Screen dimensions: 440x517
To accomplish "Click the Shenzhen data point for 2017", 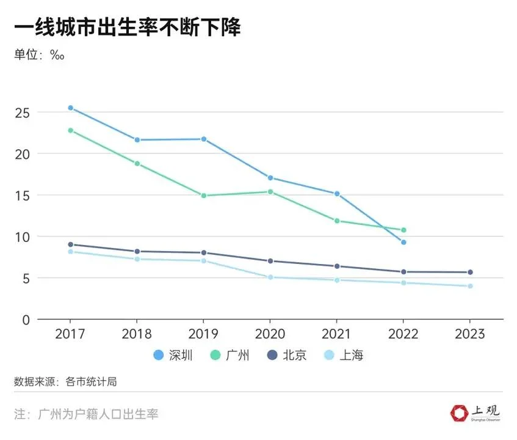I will pyautogui.click(x=70, y=108).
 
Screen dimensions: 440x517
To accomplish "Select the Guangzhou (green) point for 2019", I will pyautogui.click(x=203, y=196).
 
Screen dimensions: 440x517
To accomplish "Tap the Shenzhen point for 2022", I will pyautogui.click(x=403, y=242).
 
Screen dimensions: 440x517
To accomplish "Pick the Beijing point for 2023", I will pyautogui.click(x=470, y=272).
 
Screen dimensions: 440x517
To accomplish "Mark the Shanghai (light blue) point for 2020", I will pyautogui.click(x=270, y=277).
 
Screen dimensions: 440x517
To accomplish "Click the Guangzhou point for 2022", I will pyautogui.click(x=403, y=230).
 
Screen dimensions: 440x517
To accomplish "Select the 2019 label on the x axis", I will pyautogui.click(x=203, y=334).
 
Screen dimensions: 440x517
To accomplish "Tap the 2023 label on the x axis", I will pyautogui.click(x=470, y=334).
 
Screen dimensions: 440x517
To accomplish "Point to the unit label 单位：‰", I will pyautogui.click(x=40, y=55).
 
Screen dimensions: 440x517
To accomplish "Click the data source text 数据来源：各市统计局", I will pyautogui.click(x=65, y=382).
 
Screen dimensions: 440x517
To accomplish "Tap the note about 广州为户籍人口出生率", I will pyautogui.click(x=86, y=414).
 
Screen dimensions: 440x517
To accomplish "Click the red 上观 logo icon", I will pyautogui.click(x=458, y=414).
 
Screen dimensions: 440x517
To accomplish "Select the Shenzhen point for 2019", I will pyautogui.click(x=203, y=139).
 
